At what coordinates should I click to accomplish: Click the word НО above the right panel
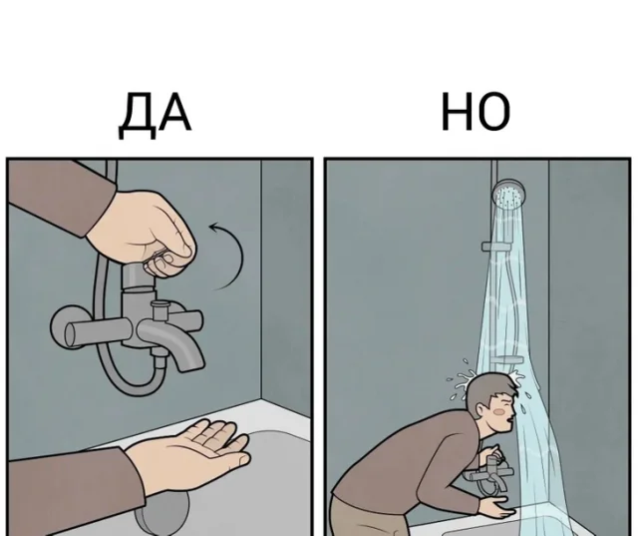tap(476, 111)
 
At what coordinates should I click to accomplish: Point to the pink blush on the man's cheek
tap(499, 412)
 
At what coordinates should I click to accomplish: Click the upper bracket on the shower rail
tap(496, 246)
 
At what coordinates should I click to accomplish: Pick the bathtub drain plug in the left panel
tap(161, 511)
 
